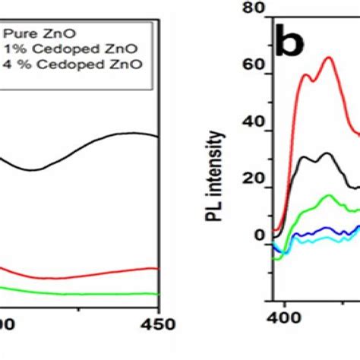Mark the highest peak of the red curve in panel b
click(x=329, y=58)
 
